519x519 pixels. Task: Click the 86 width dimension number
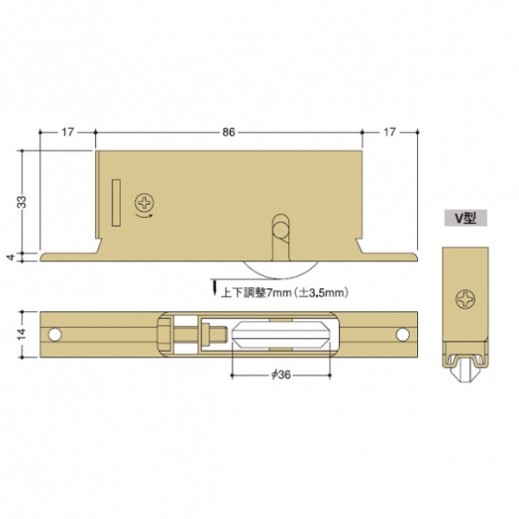click(228, 132)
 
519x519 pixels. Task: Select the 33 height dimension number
click(22, 202)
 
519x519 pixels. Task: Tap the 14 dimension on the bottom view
click(22, 334)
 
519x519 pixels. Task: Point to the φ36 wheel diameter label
click(280, 375)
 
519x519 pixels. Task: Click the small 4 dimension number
click(12, 257)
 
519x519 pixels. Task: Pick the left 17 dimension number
click(67, 132)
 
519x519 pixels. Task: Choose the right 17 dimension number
click(389, 132)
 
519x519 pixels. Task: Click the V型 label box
click(465, 218)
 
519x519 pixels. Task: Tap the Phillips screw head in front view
click(144, 202)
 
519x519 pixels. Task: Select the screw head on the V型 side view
click(465, 299)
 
